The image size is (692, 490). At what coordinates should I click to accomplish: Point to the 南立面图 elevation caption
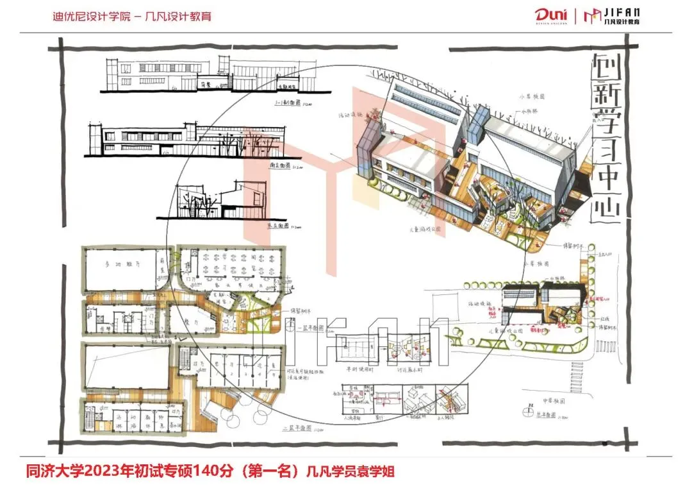tap(279, 165)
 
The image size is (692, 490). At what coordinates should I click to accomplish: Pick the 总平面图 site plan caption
tap(545, 417)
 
